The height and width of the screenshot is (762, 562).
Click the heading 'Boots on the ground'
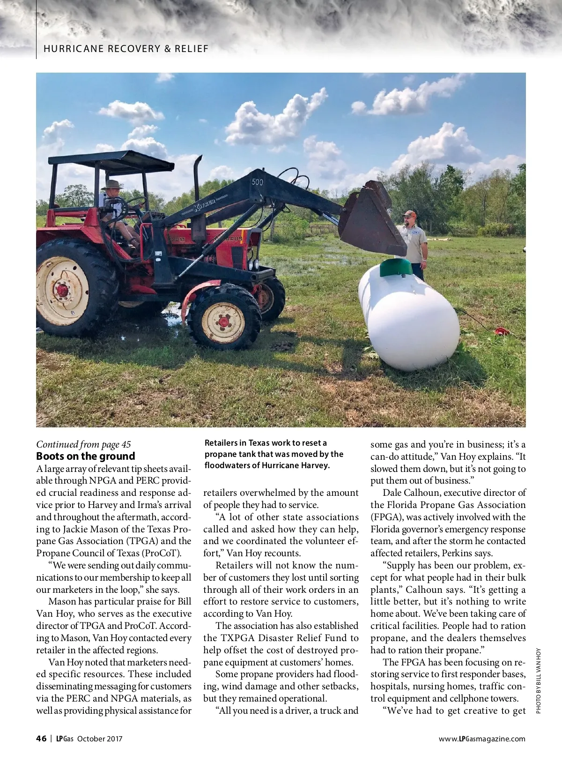pos(86,456)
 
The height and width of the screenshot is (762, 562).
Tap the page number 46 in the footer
pos(41,739)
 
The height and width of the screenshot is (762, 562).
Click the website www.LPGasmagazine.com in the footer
pos(482,739)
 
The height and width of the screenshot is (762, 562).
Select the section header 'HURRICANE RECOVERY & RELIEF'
pos(126,49)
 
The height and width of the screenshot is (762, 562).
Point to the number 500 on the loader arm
pos(257,182)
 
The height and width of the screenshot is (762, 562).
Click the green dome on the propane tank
pos(396,268)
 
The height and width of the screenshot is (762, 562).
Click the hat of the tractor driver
pos(112,184)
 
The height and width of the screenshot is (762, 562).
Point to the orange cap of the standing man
pos(409,214)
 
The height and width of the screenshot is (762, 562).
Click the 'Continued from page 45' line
pos(83,444)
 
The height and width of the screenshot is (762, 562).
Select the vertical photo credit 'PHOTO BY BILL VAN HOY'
pos(538,680)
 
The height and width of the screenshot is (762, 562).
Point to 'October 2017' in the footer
pos(100,739)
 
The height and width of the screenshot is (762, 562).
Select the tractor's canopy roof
pos(111,161)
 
